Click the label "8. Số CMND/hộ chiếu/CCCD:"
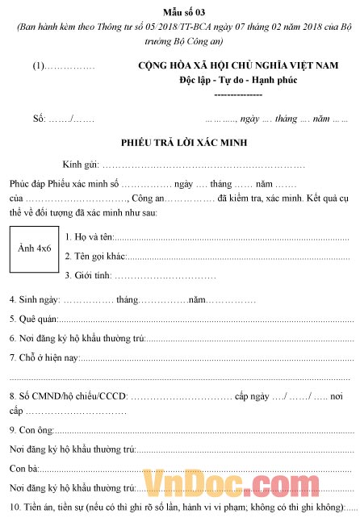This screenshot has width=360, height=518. click(x=68, y=396)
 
